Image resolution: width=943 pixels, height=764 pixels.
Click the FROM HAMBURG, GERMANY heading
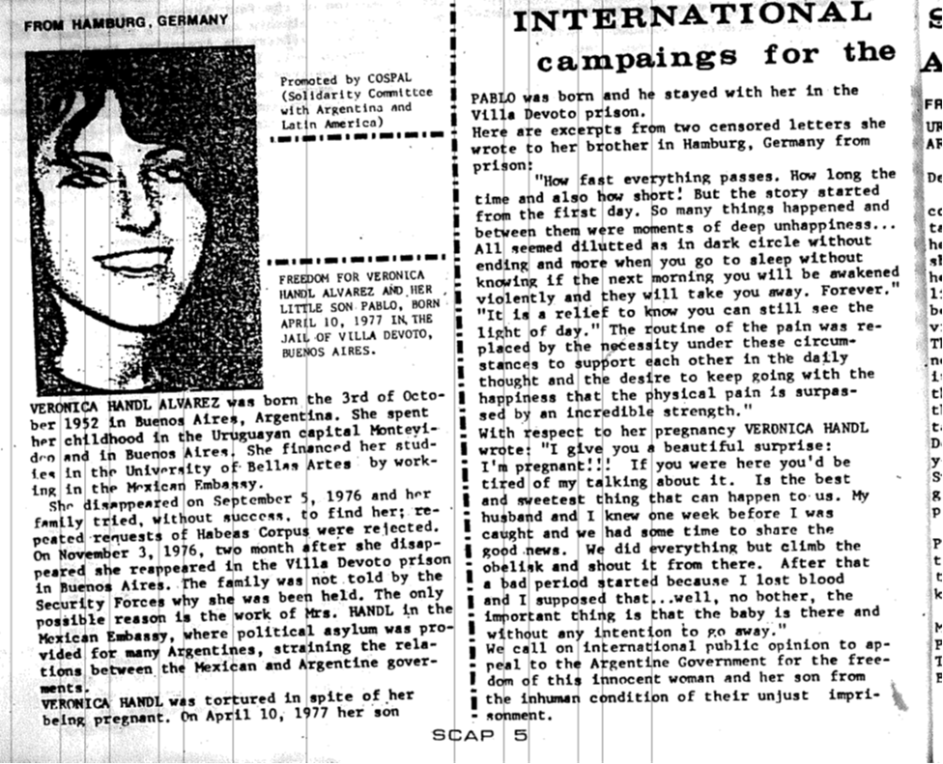pos(125,19)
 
